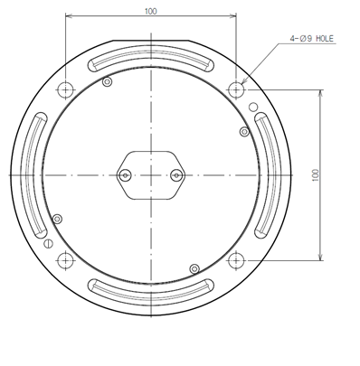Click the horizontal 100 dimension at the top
[150, 11]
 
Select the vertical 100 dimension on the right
[314, 174]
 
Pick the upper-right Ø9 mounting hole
[236, 89]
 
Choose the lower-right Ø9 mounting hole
[236, 260]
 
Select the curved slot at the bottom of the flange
[151, 290]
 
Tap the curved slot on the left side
[36, 174]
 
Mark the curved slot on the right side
[267, 174]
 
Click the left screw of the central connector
[126, 174]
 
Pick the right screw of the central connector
[176, 174]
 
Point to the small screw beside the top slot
[108, 82]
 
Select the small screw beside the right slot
[243, 132]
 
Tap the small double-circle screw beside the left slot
[58, 219]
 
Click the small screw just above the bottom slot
[194, 267]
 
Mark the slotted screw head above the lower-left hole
[47, 242]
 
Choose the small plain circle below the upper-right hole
[253, 108]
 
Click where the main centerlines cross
[151, 174]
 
